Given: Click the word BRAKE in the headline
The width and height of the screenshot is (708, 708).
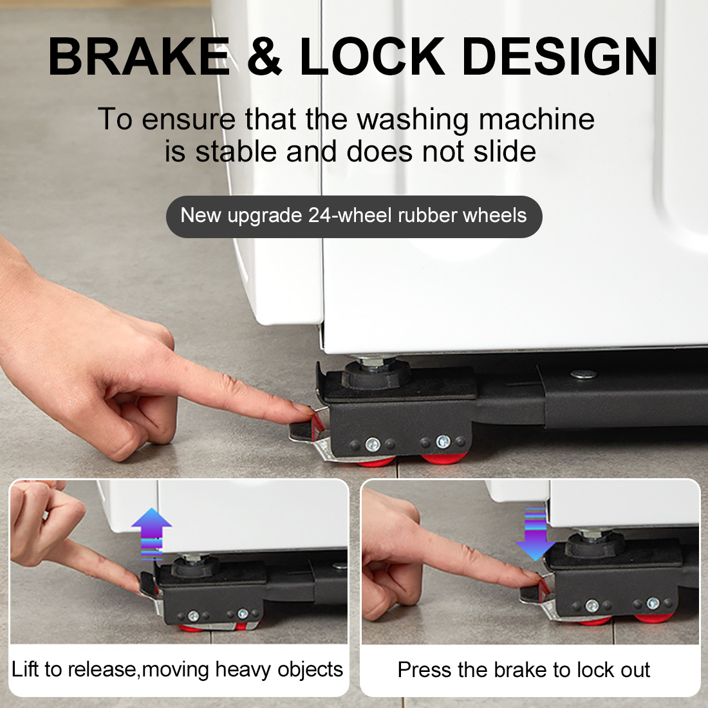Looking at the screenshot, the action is tap(139, 57).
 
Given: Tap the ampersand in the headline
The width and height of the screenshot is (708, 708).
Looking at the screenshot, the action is tap(265, 57).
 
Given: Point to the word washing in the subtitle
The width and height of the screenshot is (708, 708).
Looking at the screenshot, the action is tap(413, 120).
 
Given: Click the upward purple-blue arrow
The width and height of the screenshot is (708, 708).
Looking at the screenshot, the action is tap(151, 534).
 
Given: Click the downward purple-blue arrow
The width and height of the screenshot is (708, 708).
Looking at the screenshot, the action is tap(535, 534).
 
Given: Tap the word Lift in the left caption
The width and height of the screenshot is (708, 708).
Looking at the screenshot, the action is tap(25, 669).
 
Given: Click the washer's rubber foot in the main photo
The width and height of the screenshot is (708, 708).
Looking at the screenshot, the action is tap(376, 375).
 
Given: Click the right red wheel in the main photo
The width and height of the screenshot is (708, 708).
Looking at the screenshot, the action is tap(444, 458).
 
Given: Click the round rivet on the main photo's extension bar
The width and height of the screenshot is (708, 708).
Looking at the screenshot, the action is tap(583, 374).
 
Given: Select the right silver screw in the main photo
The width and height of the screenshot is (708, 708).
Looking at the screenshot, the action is tap(443, 441).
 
